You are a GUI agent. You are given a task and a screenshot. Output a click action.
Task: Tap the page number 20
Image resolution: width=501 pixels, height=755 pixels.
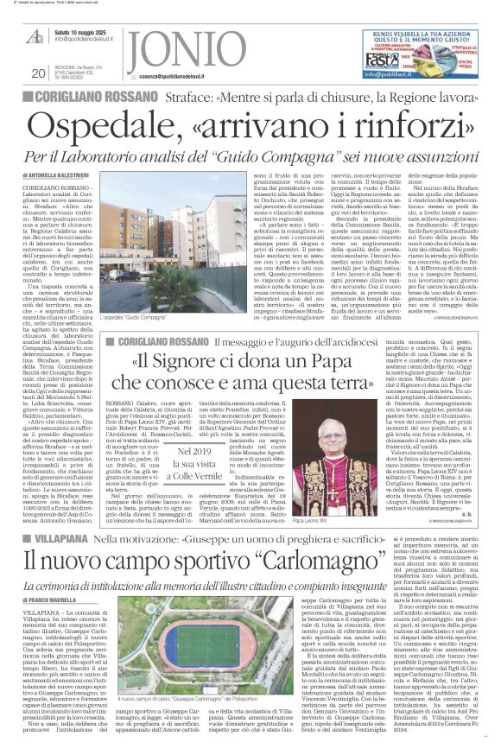click(37, 74)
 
